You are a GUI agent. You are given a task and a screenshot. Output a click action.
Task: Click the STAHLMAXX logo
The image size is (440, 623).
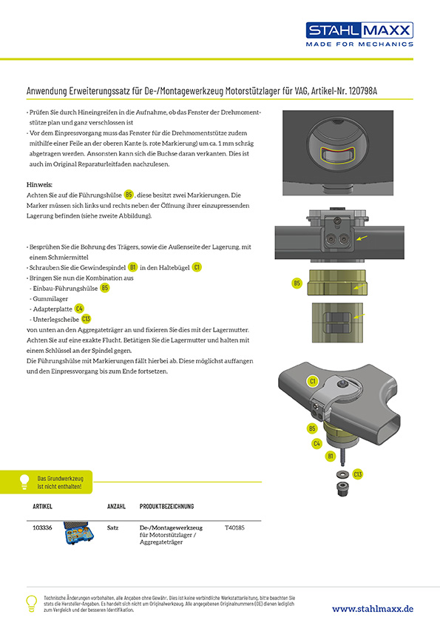click(359, 35)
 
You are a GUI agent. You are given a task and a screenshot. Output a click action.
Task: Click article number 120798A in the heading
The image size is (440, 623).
click(362, 91)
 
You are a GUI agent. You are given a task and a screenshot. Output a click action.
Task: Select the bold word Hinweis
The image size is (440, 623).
click(39, 185)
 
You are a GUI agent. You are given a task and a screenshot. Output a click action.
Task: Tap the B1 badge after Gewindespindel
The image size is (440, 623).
click(132, 267)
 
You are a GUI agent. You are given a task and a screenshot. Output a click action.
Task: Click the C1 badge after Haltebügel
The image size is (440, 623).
click(197, 267)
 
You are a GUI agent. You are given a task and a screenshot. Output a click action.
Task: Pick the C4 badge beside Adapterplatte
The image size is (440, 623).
click(79, 309)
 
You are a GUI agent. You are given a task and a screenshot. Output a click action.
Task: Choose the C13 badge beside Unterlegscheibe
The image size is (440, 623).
click(87, 319)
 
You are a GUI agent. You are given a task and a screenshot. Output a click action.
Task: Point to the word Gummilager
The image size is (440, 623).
click(50, 299)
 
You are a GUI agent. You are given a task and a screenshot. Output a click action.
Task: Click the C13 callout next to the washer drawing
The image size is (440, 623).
click(358, 474)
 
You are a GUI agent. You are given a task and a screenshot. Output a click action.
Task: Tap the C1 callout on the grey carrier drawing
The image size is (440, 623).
click(313, 382)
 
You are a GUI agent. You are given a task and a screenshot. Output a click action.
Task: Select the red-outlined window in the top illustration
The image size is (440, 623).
click(337, 155)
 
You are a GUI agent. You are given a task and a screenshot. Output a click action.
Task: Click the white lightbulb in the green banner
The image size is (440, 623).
click(24, 482)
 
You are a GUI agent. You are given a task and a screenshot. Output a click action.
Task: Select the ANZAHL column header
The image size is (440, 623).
click(116, 507)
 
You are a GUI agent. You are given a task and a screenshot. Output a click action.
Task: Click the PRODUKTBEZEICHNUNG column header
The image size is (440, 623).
click(167, 507)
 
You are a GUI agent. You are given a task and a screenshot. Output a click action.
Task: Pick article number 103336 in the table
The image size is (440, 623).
click(42, 528)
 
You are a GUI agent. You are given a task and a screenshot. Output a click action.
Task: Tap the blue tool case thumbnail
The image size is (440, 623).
click(78, 533)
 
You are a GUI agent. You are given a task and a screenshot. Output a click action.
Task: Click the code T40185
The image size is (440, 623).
click(234, 528)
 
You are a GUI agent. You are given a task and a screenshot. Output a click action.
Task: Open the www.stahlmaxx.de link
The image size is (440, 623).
click(373, 609)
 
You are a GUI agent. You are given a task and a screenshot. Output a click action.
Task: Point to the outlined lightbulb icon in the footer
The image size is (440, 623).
click(31, 604)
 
